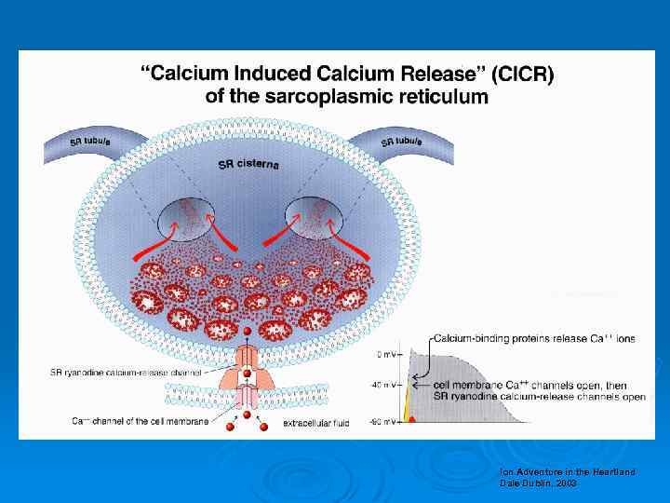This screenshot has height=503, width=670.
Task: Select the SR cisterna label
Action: pyautogui.click(x=248, y=165)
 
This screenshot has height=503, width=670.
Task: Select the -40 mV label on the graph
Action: pyautogui.click(x=383, y=384)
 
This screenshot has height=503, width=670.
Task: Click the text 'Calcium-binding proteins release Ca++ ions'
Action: pyautogui.click(x=538, y=338)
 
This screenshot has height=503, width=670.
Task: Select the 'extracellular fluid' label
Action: pyautogui.click(x=317, y=424)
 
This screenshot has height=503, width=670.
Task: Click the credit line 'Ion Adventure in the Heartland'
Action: pyautogui.click(x=567, y=472)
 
